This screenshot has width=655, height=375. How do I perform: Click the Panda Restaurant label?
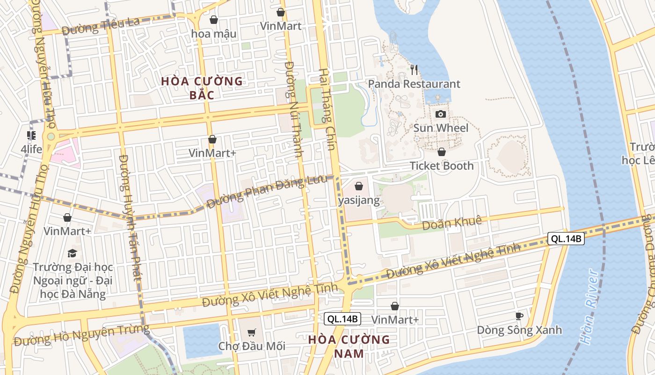pos(414,84)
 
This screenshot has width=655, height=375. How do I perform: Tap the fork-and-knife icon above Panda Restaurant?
pos(414,70)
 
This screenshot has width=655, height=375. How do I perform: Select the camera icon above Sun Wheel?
pos(440,114)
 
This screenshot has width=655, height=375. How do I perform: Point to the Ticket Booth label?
pos(441,166)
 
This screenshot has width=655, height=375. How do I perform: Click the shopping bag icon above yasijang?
pos(359,186)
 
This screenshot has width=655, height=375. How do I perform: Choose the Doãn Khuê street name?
pos(451,223)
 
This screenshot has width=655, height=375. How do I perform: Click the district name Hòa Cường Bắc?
pos(202,88)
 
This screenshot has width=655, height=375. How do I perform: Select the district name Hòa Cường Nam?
pos(349,346)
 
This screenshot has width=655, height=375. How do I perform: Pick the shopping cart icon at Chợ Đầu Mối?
pos(252,333)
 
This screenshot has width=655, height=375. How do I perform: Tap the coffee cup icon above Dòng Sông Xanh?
pos(519,316)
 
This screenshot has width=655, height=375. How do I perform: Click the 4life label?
pos(31,150)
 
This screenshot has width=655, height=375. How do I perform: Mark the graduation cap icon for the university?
pos(72,254)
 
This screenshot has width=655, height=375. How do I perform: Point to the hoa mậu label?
pos(214,34)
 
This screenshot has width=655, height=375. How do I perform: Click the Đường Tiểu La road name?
pos(101,27)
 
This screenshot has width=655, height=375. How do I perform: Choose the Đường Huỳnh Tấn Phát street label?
pos(130,218)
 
